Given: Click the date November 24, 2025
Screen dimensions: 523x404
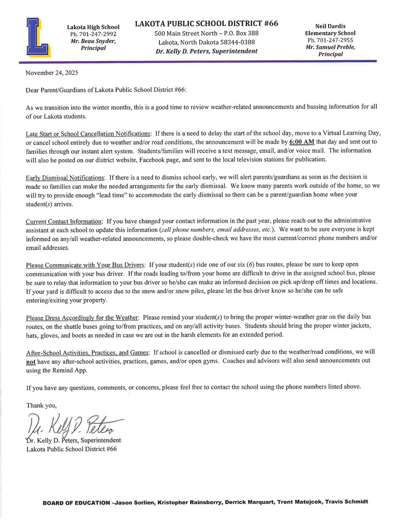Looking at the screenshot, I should (x=52, y=74).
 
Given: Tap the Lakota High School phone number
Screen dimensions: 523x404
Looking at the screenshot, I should (x=93, y=34).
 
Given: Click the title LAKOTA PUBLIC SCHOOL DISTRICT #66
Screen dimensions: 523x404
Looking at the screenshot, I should (x=206, y=24).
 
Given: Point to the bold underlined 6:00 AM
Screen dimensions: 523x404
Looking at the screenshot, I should (x=302, y=141).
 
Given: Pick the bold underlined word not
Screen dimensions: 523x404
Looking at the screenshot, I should (x=31, y=361).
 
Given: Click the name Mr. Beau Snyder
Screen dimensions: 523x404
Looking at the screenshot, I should (x=93, y=41).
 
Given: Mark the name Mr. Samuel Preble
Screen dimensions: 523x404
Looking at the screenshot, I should (x=330, y=47).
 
